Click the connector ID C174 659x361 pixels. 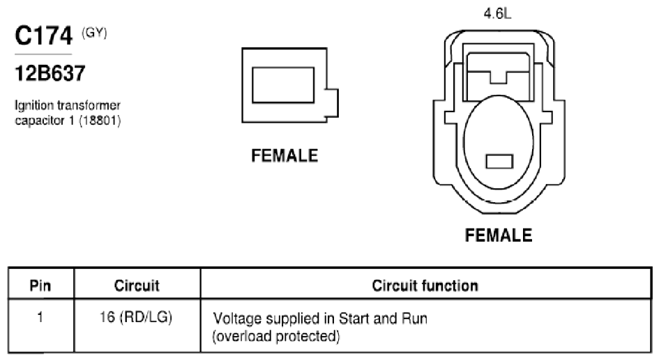[43, 36]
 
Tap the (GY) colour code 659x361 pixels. [94, 33]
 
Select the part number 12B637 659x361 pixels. [50, 73]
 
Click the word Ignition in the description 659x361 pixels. [34, 105]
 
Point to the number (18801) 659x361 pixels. [100, 121]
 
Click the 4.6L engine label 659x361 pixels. [498, 14]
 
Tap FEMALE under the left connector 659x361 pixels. [285, 156]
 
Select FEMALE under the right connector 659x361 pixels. [499, 236]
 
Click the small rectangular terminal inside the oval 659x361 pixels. [499, 162]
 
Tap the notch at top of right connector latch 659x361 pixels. [499, 78]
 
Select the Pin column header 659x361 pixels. [40, 286]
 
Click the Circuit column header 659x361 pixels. [137, 286]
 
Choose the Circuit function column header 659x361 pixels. [425, 286]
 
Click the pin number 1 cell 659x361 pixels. [40, 317]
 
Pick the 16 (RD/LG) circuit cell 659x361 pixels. [136, 317]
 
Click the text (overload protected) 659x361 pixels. [276, 337]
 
